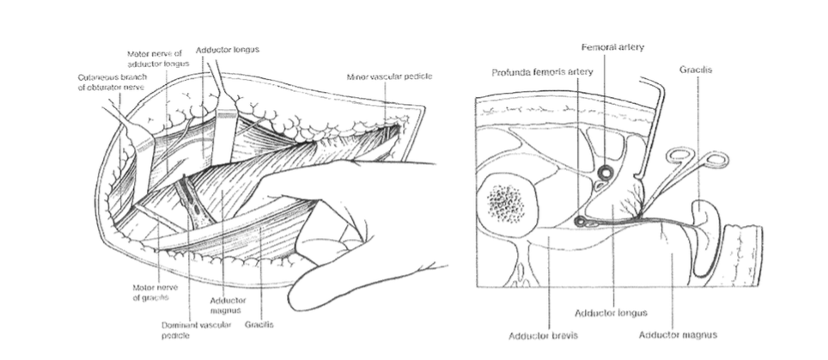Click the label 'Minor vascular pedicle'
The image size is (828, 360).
(x=389, y=76)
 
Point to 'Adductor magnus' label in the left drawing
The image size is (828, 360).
(x=228, y=306)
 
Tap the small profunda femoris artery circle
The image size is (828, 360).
(x=581, y=222)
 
